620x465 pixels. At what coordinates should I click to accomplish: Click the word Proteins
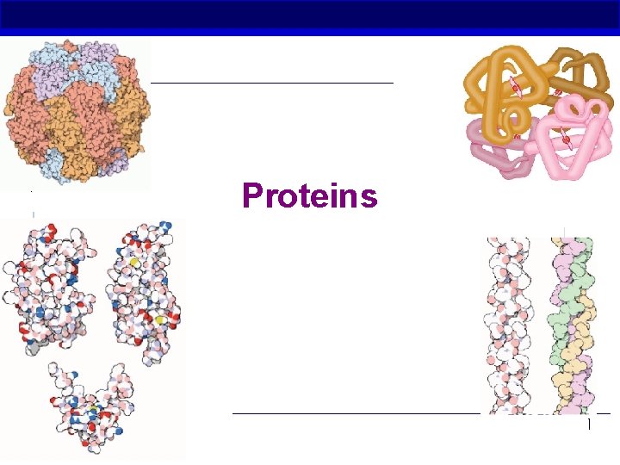point(310,196)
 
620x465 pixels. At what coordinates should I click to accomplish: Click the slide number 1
point(589,425)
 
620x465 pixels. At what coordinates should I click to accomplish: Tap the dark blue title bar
point(310,17)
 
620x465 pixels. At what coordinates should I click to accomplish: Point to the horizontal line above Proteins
point(271,83)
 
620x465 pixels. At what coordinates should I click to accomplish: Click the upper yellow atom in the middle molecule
point(134,258)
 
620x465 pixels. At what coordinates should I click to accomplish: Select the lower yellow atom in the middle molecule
point(161,319)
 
